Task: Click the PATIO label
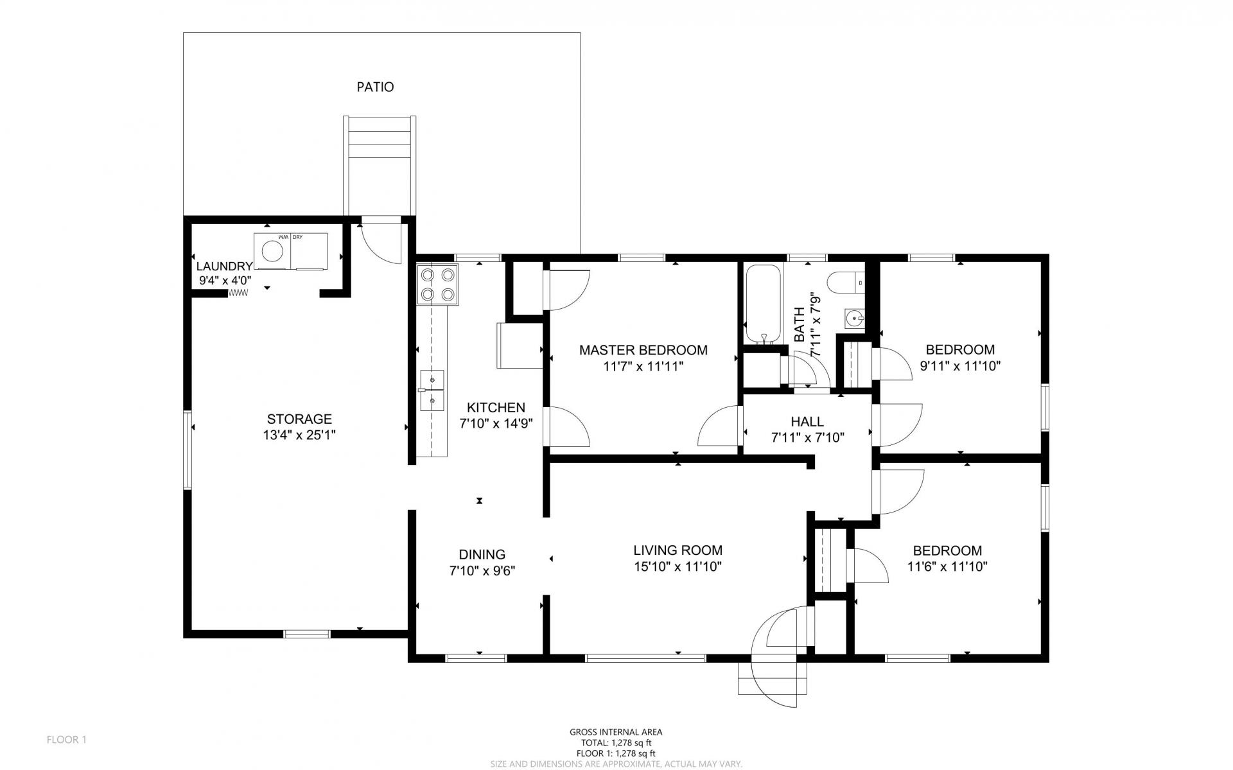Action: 375,87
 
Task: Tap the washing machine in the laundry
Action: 273,251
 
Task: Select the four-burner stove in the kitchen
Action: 437,285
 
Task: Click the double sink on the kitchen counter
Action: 432,390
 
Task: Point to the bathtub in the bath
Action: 763,304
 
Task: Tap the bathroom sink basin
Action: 854,317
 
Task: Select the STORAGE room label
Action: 299,419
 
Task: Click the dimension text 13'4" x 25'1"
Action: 299,435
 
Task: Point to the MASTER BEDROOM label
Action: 643,350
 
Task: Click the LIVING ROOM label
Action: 678,550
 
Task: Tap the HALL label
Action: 807,422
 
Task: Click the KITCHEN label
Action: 496,407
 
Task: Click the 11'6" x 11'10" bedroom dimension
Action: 947,567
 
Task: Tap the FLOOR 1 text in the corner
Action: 66,740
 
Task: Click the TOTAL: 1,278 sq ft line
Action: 616,742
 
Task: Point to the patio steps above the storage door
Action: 379,165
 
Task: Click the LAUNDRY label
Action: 224,266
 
